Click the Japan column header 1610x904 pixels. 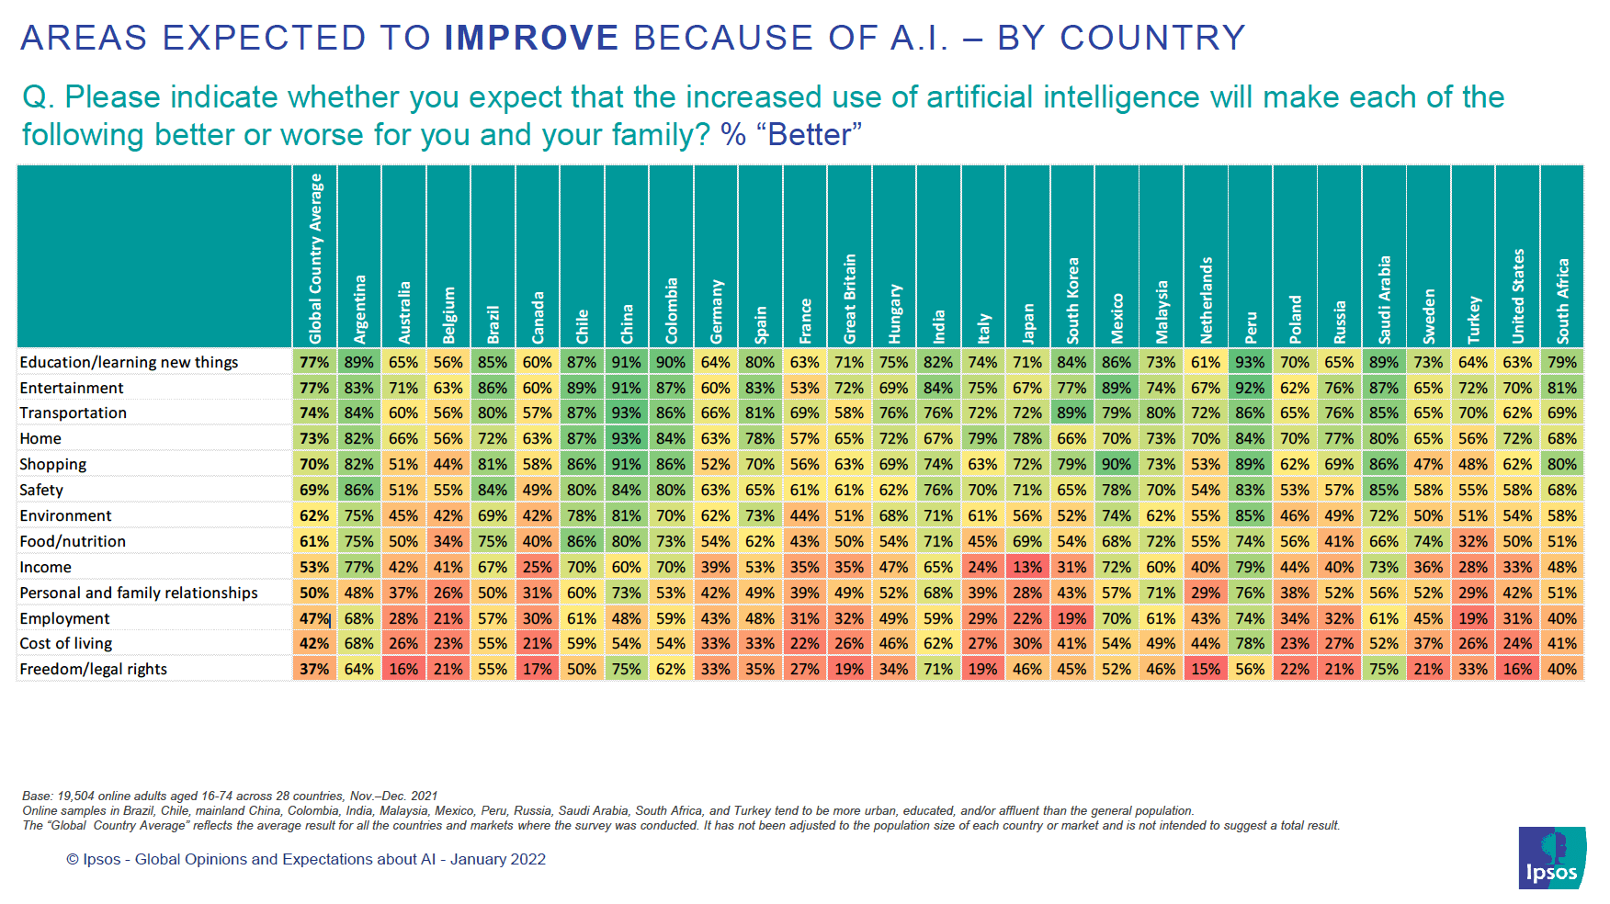pos(1027,322)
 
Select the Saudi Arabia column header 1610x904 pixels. pos(1384,299)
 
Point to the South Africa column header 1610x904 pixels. pos(1562,301)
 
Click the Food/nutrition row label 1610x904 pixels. pos(73,542)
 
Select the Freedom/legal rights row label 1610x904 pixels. pos(93,670)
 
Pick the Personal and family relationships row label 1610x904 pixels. pos(139,593)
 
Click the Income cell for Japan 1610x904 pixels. pos(1027,568)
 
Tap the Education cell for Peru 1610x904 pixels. pos(1250,363)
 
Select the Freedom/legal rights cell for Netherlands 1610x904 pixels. pos(1206,670)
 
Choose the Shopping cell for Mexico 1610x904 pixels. pos(1117,465)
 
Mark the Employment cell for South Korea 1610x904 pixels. pos(1071,619)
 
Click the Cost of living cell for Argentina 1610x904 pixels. pos(359,644)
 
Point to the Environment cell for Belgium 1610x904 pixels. pos(448,516)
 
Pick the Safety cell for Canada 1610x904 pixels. pos(538,491)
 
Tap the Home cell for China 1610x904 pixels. pos(627,439)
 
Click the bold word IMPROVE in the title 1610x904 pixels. pos(531,39)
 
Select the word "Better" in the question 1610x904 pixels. pos(809,136)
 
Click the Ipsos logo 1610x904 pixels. pos(1551,857)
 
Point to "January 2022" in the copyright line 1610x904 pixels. pos(497,860)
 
